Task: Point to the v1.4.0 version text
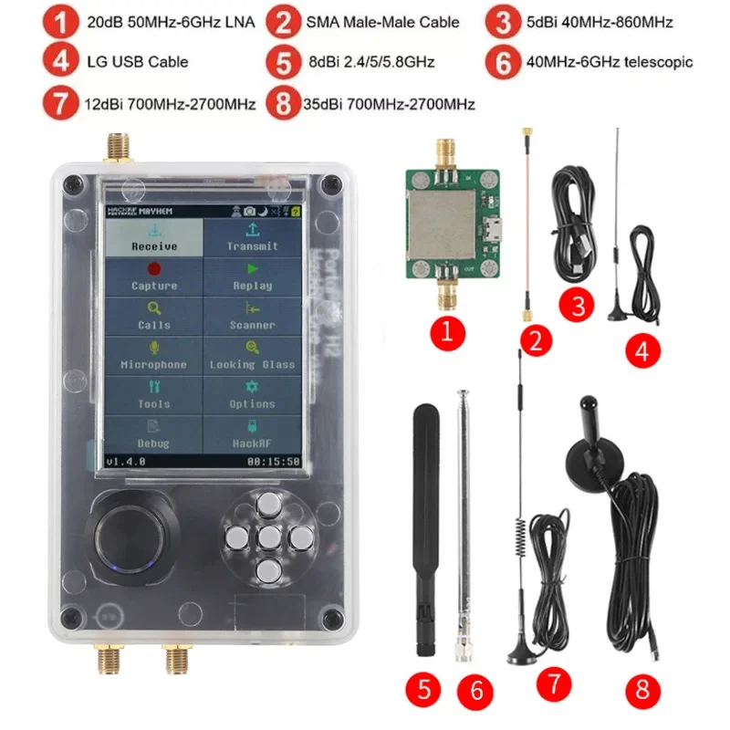(x=126, y=462)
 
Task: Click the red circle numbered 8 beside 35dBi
(x=282, y=102)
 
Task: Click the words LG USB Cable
(x=138, y=61)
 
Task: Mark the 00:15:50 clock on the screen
(x=273, y=462)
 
